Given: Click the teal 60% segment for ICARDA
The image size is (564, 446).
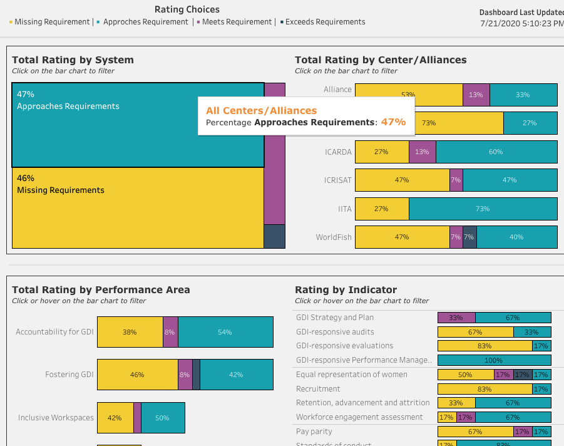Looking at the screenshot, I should click(496, 152).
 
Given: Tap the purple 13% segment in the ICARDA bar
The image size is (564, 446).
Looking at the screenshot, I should click(422, 152).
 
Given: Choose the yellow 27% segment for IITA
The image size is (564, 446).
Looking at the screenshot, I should click(381, 209).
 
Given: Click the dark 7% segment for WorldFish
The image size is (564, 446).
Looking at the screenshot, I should click(469, 237).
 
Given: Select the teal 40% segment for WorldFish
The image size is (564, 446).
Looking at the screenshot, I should click(516, 237).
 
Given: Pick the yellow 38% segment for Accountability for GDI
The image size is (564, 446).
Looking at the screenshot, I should click(130, 332).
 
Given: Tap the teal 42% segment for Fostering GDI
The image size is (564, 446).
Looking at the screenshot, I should click(236, 375).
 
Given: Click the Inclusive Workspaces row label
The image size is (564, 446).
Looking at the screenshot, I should click(56, 418).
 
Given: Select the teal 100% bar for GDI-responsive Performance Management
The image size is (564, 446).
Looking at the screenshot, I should click(494, 360).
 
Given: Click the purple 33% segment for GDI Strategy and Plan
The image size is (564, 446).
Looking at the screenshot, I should click(456, 318).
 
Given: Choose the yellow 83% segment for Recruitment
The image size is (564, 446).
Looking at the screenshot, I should click(485, 389).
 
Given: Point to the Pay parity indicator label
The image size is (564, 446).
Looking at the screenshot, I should click(314, 432).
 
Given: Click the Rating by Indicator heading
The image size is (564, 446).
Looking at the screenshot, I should click(346, 290).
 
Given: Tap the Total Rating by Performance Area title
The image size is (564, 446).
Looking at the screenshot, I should click(101, 290).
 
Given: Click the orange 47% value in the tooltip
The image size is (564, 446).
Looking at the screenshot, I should click(393, 122).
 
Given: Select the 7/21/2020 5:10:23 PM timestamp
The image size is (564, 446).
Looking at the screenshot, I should click(521, 23).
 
